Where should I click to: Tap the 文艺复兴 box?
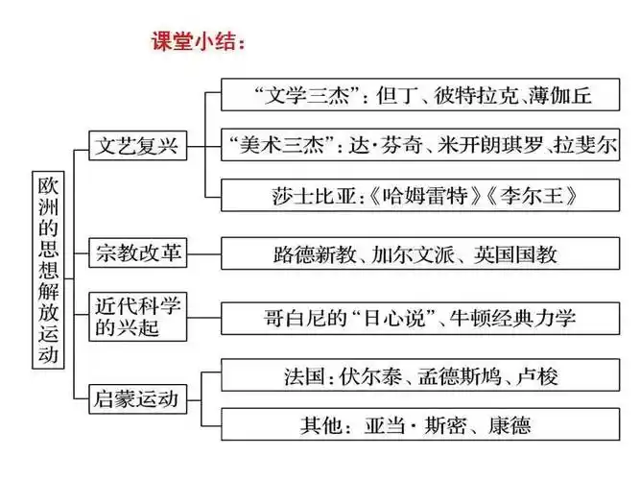137,147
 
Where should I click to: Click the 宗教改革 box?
137,254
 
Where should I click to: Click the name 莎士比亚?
307,195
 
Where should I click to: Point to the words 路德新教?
314,255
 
